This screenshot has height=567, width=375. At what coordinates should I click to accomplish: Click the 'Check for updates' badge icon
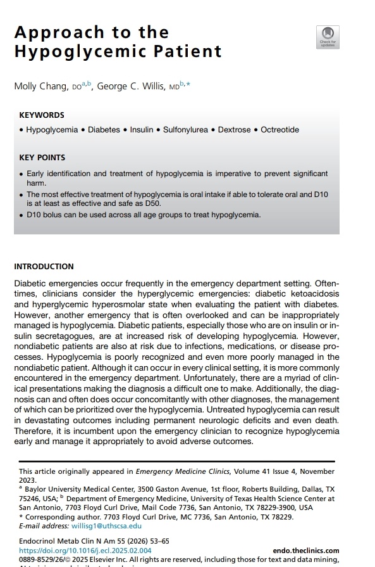point(328,37)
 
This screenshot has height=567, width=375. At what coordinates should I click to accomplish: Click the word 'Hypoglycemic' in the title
point(118,51)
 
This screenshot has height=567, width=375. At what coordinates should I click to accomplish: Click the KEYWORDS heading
point(42,115)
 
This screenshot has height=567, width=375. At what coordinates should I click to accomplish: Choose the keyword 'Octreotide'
point(280,130)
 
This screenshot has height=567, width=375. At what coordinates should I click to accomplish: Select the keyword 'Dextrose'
point(235,130)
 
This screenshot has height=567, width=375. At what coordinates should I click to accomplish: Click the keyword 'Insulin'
point(142,130)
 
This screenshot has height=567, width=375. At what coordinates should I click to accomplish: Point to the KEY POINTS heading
point(42,157)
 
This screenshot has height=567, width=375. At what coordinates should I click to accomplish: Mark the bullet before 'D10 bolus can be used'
point(21,215)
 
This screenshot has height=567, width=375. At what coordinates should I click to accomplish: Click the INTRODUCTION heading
point(44,267)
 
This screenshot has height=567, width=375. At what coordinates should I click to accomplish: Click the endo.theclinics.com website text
point(306,551)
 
